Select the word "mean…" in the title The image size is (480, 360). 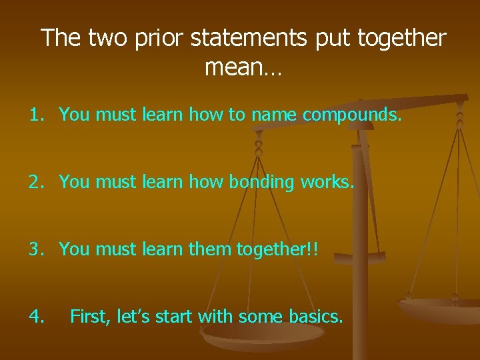[x=243, y=67]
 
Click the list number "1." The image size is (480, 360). [x=37, y=115]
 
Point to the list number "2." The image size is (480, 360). [x=37, y=181]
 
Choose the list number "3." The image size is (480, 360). [x=37, y=249]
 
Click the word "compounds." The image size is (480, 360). [x=352, y=115]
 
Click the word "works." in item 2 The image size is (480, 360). [x=331, y=181]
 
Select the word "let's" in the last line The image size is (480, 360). [x=133, y=315]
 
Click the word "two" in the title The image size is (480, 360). [x=109, y=38]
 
